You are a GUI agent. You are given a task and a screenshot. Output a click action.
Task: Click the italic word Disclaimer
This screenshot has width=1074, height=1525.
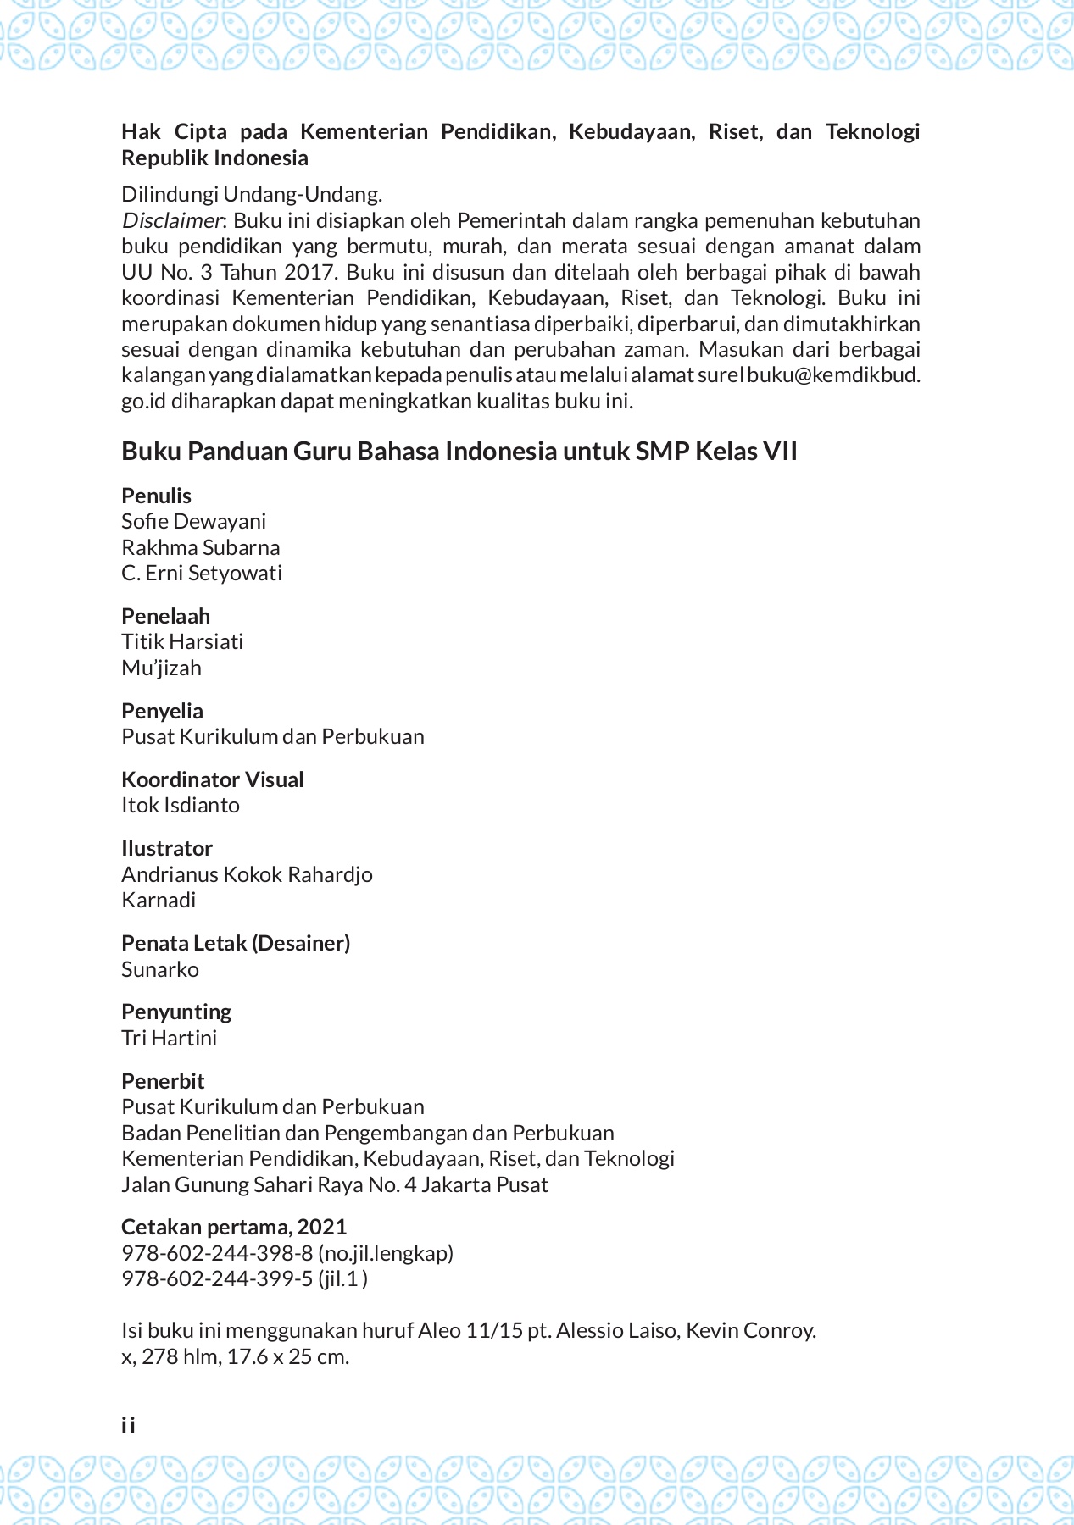click(171, 221)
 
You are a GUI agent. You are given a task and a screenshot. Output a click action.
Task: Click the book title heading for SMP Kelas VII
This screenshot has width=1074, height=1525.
click(459, 451)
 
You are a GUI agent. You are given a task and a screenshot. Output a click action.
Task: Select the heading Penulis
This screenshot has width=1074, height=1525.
click(156, 496)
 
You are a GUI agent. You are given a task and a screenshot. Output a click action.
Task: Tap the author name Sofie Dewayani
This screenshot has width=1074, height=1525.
click(193, 521)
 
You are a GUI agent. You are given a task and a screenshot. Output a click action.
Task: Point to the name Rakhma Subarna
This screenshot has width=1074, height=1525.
click(200, 547)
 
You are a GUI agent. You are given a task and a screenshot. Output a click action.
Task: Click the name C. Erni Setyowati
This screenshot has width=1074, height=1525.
click(201, 574)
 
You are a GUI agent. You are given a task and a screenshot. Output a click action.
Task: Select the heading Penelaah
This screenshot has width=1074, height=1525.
click(165, 616)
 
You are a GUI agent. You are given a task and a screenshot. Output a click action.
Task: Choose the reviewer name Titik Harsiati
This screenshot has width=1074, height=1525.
click(182, 641)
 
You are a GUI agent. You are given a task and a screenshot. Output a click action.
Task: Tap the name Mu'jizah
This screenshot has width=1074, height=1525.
click(161, 668)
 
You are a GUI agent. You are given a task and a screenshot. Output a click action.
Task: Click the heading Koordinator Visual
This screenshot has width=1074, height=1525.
click(212, 779)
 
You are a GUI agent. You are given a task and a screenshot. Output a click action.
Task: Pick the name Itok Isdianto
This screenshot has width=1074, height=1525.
click(180, 805)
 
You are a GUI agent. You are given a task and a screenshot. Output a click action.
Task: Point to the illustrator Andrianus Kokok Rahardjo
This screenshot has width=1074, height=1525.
click(247, 874)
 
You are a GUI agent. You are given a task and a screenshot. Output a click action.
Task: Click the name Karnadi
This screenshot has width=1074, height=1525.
click(159, 900)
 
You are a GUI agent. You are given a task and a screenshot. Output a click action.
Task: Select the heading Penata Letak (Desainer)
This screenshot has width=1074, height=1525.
click(236, 943)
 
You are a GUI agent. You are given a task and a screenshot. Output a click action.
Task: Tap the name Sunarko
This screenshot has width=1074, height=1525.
click(159, 969)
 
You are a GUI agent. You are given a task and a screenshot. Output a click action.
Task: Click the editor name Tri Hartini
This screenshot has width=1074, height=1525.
click(169, 1038)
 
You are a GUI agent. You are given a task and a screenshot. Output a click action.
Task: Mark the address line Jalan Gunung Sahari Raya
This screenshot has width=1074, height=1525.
click(334, 1184)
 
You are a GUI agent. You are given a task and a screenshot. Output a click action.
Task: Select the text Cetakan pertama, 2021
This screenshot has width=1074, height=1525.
click(234, 1227)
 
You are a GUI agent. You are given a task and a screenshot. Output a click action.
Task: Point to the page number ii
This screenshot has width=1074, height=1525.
click(128, 1425)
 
